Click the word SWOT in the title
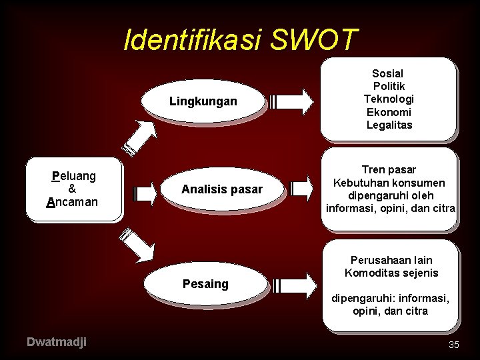pos(315,41)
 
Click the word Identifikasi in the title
pos(194,41)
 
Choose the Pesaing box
pos(205,284)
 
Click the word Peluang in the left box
pos(74,176)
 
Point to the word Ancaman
pos(73,201)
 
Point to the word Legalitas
pos(389,125)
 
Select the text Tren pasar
pos(389,170)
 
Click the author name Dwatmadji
pos(56,342)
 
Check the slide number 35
pos(454,345)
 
